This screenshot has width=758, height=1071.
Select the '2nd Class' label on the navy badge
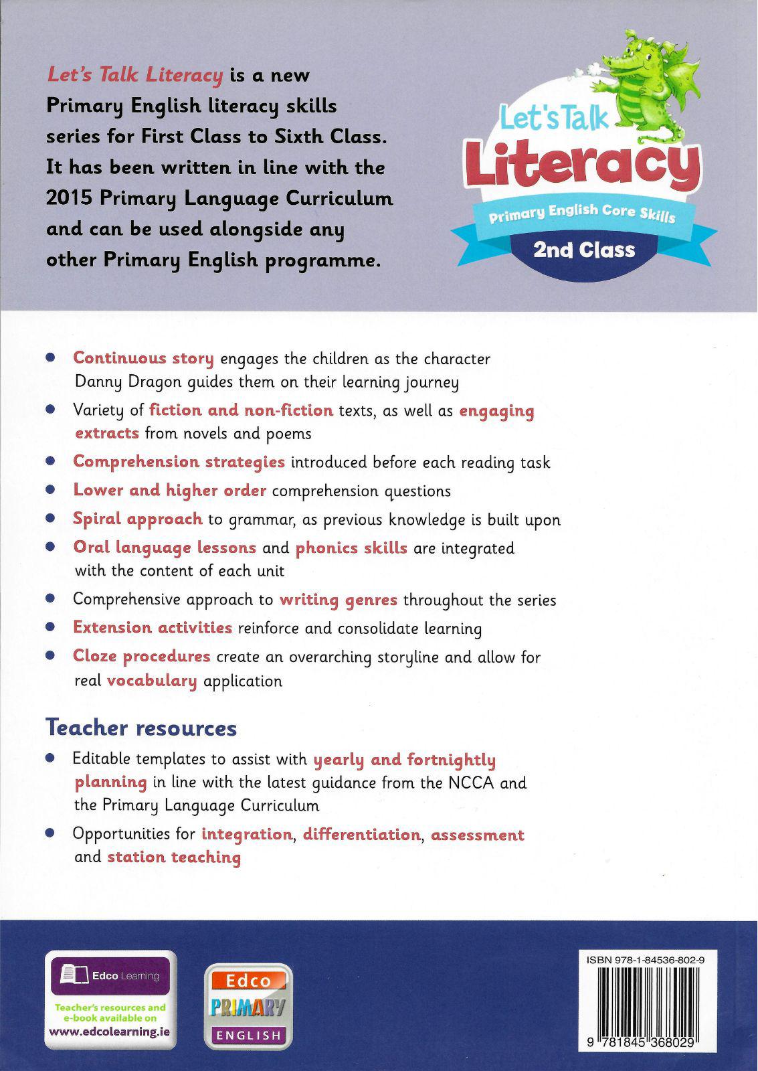583,250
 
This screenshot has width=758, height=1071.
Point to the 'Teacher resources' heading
140,728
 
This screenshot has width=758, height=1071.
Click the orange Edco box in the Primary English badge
248,981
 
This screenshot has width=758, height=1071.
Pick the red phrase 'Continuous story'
143,358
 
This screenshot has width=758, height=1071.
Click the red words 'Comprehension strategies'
179,462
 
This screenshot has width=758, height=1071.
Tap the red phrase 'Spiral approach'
137,519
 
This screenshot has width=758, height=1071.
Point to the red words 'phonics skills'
351,548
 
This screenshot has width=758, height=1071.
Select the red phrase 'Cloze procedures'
142,656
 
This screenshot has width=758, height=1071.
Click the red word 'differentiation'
361,834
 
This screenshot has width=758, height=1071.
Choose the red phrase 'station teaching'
174,857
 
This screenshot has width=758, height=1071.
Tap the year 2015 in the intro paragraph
68,199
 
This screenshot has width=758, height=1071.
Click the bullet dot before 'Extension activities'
50,628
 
